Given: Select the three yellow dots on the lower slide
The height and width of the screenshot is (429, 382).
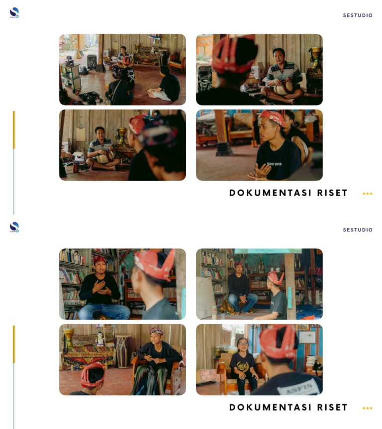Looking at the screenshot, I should pyautogui.click(x=367, y=408).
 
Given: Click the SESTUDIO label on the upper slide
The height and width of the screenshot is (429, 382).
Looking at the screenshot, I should pyautogui.click(x=358, y=15).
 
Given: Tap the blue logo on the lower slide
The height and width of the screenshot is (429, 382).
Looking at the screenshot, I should pyautogui.click(x=14, y=227).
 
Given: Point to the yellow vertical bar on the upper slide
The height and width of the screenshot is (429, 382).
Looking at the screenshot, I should pyautogui.click(x=14, y=129).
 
